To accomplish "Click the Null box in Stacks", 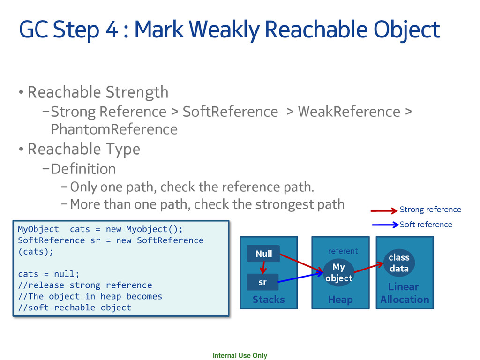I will click(263, 254).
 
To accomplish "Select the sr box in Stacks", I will click(262, 282).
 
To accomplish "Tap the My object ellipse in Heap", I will click(338, 272).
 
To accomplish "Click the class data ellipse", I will click(399, 263).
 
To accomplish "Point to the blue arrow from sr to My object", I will click(300, 277).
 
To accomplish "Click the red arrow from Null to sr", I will click(263, 268).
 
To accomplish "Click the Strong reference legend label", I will click(430, 210).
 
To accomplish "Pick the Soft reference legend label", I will click(426, 225).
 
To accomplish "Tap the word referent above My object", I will click(343, 251).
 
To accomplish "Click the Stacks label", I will click(269, 299).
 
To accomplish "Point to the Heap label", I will click(340, 299).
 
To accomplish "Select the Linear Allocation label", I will click(405, 293).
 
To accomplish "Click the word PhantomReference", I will click(114, 129).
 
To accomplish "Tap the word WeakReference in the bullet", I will click(349, 112).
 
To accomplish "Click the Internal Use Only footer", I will click(240, 355).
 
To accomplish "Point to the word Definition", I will click(83, 168).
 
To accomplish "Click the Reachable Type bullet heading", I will click(84, 149).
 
